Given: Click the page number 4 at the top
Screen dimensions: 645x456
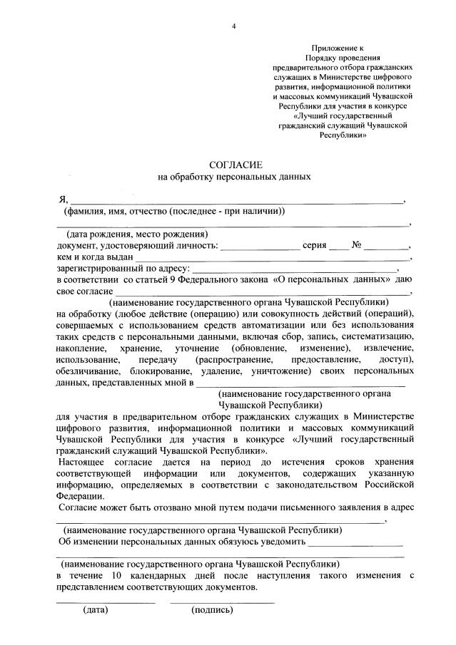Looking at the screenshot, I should [233, 26].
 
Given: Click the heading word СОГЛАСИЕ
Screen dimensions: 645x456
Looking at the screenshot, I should [233, 165].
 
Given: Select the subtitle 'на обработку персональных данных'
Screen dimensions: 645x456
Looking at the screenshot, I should [234, 176].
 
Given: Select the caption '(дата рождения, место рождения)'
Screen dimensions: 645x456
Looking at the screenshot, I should [137, 234].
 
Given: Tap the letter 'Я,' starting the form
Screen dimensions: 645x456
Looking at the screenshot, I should [63, 200].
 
